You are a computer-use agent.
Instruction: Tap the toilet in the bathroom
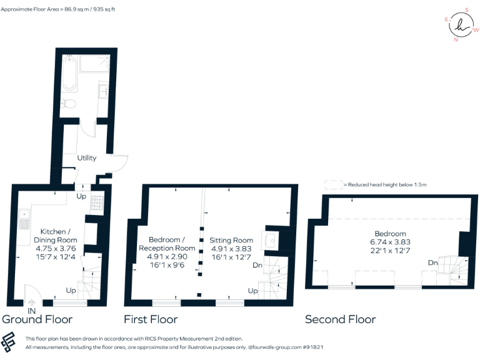click(x=69, y=103)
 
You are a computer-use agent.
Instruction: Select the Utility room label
click(x=87, y=158)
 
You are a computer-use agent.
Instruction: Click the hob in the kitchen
click(x=98, y=202)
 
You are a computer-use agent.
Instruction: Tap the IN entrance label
click(x=32, y=310)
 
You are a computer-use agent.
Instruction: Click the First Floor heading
click(x=151, y=319)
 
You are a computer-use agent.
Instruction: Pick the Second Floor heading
click(x=340, y=319)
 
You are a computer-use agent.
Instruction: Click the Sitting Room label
click(x=231, y=240)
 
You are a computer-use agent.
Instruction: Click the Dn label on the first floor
click(x=257, y=265)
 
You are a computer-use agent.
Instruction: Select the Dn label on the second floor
click(x=432, y=263)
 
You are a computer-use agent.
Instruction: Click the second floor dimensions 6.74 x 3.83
click(x=391, y=242)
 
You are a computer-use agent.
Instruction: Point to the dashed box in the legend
click(x=333, y=185)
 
